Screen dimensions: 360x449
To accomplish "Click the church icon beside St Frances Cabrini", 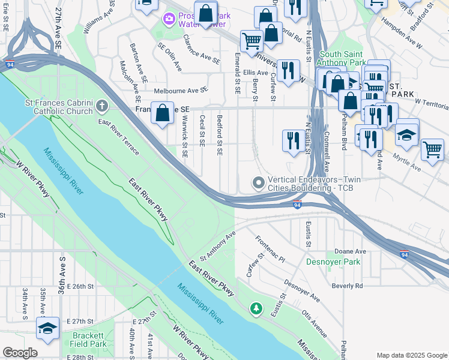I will tap(101, 107).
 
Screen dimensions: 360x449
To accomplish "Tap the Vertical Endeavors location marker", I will tap(259, 183).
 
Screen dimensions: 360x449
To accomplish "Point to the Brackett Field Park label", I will tap(89, 340).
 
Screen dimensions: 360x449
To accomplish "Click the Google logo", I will tap(20, 353).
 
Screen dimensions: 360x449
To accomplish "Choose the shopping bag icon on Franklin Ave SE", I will tap(163, 113).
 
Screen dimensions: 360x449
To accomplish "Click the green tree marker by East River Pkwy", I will tap(256, 308).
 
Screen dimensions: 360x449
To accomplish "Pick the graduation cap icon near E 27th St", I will tap(47, 328).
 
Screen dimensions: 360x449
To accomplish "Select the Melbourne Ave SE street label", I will tap(181, 90).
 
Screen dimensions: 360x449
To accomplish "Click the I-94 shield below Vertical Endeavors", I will tap(298, 205).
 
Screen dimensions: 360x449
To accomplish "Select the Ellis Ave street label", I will tap(255, 73).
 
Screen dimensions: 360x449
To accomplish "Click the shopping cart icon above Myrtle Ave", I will tap(432, 150).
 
